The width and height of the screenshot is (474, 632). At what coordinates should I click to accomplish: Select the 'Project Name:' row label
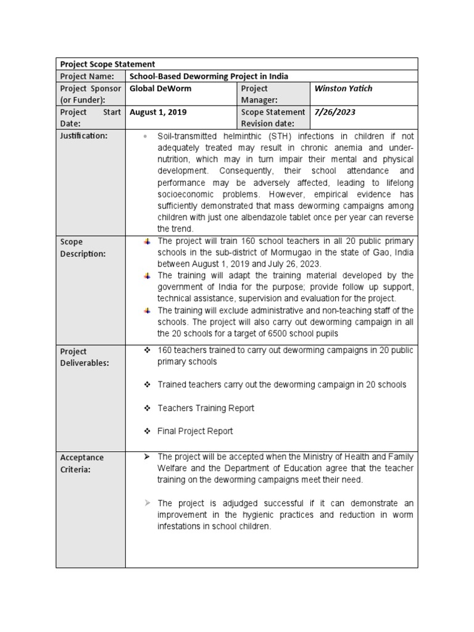coord(87,77)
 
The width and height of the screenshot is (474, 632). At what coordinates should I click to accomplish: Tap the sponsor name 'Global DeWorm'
coord(160,89)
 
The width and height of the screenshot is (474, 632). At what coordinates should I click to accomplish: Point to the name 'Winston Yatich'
coord(343,89)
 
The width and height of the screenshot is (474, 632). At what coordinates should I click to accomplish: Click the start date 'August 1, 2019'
coord(159,112)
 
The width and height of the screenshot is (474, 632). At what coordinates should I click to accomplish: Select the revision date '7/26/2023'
coord(335,112)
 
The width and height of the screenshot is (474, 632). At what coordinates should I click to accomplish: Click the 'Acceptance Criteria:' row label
coord(81,464)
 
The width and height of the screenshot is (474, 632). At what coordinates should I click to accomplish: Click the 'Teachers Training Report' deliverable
coord(206,408)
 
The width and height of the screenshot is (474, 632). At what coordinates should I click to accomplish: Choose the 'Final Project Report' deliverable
coord(195,431)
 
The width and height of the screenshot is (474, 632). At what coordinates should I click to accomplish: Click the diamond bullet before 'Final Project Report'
coord(147,431)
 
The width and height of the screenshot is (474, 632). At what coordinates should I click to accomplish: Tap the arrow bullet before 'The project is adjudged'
coord(147,503)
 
